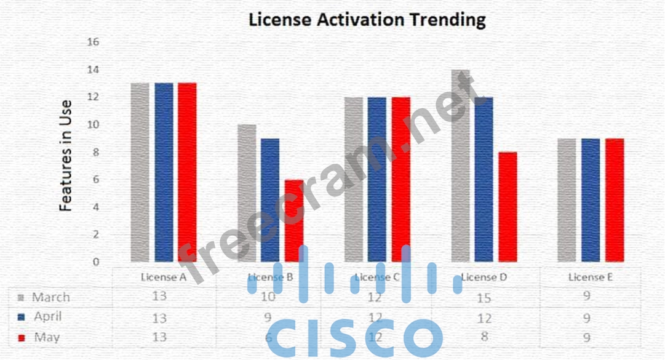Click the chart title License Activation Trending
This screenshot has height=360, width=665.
coord(367,19)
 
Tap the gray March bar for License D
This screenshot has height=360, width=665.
coord(460,166)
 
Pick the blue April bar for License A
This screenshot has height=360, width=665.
coord(164,172)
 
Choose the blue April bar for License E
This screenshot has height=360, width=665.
coord(591,200)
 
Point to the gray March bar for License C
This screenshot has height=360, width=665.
coord(354,179)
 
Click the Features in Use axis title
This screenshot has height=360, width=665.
coord(66,156)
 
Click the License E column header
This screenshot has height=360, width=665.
coord(591,277)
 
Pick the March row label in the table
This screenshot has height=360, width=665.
coord(50,297)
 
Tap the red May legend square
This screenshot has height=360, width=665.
coord(22,338)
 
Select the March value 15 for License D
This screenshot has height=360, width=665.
coord(484,297)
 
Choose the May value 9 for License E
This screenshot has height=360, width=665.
coord(587,337)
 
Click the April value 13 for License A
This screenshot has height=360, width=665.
coord(162,318)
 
